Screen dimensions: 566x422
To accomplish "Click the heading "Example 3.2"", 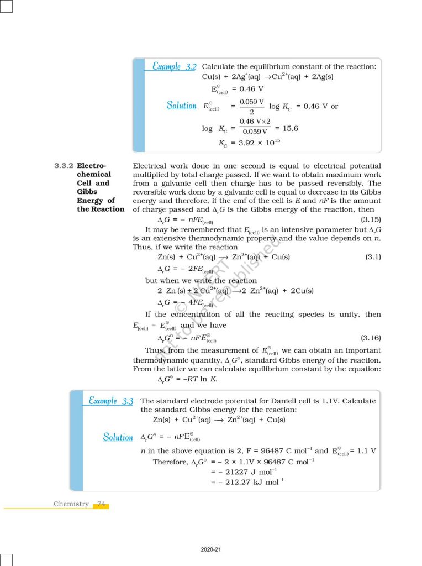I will [175, 66].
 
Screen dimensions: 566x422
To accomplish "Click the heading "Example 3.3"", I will [111, 401].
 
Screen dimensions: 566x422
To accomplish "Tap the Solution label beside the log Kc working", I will [181, 105].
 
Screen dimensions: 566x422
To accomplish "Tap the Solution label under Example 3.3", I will [118, 437].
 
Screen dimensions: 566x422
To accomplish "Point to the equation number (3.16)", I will [370, 337].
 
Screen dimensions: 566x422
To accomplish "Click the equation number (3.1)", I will [372, 257].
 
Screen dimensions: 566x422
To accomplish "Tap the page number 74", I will [101, 504].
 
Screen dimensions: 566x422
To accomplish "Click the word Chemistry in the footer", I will [71, 504].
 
